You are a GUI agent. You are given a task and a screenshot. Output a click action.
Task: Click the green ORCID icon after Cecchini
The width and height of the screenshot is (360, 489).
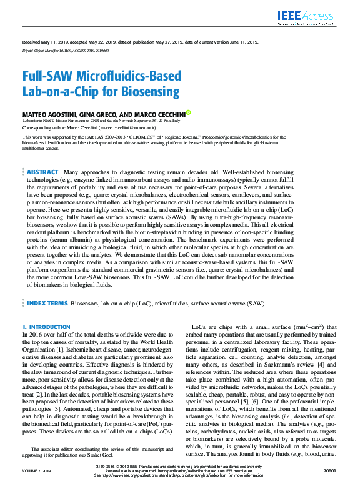point(188,113)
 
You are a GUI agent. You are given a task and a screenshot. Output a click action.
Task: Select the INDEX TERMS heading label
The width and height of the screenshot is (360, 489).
point(46,303)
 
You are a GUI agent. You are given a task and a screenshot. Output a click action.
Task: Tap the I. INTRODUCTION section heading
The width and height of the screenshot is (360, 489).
point(46,327)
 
